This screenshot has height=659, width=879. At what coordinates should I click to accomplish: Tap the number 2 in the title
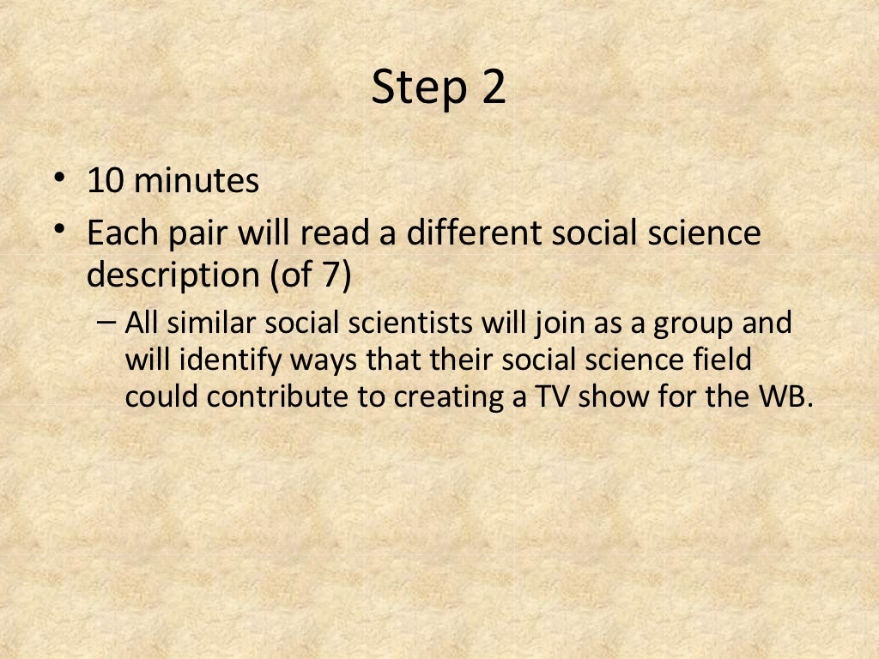[493, 88]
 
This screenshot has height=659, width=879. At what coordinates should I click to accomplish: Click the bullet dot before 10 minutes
[59, 178]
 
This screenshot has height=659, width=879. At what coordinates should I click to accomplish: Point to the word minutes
[197, 181]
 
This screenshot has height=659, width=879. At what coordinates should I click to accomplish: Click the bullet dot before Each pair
[59, 229]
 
